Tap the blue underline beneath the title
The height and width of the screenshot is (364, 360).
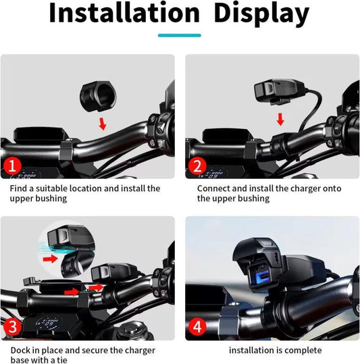click(179, 36)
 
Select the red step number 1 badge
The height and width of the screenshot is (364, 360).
click(12, 166)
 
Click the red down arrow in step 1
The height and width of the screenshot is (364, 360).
click(102, 123)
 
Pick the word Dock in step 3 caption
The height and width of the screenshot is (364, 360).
click(21, 350)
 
